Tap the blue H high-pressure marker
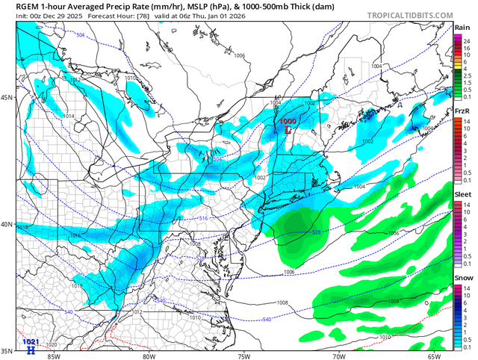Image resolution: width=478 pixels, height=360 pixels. (31, 349)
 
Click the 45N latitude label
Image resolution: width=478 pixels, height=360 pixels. (7, 98)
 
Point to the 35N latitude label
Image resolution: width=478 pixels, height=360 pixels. (7, 351)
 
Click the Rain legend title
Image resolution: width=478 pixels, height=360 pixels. (462, 27)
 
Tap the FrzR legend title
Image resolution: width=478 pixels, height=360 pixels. (462, 111)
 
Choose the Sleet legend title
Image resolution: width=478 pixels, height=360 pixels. (462, 193)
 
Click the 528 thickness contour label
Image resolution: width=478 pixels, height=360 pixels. (315, 232)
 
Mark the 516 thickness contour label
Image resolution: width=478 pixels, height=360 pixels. (203, 217)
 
